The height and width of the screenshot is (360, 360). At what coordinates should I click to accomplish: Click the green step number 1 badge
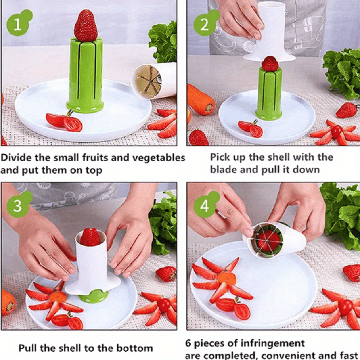tap(18, 24)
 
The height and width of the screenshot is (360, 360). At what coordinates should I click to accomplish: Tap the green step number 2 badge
tap(204, 24)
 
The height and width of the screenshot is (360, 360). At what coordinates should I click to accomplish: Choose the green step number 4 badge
tap(205, 206)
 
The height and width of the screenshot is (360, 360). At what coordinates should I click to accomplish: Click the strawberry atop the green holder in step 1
tap(85, 26)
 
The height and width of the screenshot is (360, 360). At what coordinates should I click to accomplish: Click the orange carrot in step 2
tap(200, 99)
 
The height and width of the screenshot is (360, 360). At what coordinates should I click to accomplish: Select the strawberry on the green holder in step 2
tap(270, 64)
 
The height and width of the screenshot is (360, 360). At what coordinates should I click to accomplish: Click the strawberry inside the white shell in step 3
tap(90, 237)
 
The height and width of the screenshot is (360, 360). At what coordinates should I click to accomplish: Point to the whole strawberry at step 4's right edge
tap(351, 273)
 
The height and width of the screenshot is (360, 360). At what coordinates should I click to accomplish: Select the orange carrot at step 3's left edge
tap(8, 301)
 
